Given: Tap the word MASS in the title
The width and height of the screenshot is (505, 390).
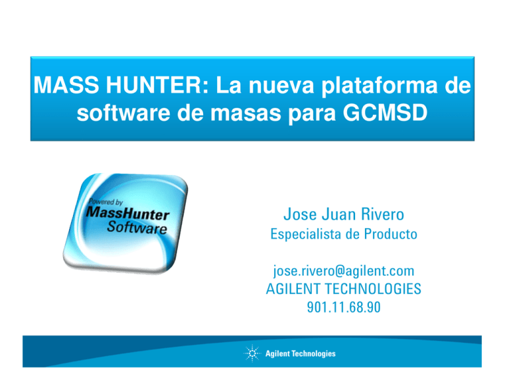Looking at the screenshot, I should point(60,85).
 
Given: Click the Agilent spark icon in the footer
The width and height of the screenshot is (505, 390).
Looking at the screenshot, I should point(252,353).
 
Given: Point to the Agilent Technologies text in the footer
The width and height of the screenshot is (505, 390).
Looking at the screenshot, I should point(301,354).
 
